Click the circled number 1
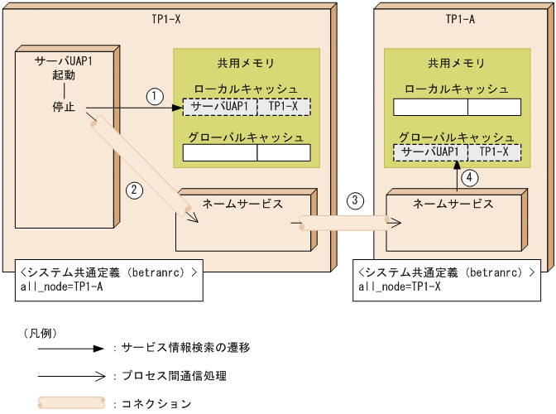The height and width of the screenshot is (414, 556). point(154,96)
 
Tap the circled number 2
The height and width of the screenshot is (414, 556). point(134,190)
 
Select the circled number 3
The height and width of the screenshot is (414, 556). point(355,200)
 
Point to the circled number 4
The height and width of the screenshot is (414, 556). point(468,176)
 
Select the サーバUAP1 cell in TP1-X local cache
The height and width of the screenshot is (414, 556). point(219,107)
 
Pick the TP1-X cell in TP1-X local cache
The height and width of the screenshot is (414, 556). point(283,107)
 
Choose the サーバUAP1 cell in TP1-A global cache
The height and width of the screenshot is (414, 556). point(430,152)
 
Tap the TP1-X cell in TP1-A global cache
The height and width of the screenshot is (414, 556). point(494,152)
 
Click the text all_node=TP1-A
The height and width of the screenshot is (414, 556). point(61,286)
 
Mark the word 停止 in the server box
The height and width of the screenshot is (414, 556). point(63,107)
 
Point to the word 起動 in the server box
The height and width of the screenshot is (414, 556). point(63,75)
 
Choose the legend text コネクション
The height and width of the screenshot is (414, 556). point(156,404)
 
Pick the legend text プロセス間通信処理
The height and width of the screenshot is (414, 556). point(174,376)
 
